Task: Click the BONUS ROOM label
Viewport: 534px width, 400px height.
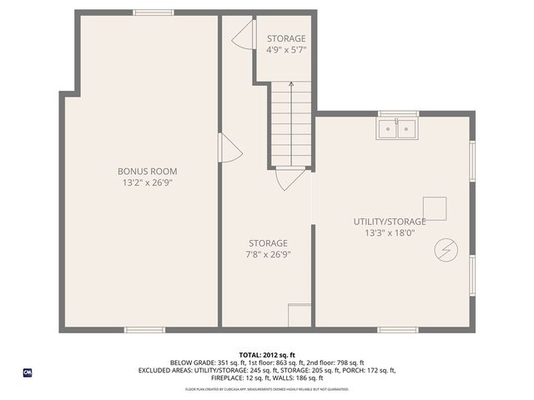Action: click(x=147, y=171)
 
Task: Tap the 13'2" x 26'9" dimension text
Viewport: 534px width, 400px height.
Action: click(x=147, y=182)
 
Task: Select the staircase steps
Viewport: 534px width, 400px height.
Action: click(x=291, y=125)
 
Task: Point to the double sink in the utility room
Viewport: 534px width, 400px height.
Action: click(x=396, y=129)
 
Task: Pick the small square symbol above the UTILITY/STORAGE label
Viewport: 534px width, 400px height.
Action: click(x=434, y=207)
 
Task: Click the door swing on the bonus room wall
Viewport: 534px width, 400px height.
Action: click(x=229, y=149)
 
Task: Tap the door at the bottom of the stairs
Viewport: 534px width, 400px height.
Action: click(x=290, y=178)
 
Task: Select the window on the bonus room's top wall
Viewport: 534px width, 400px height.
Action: click(x=154, y=12)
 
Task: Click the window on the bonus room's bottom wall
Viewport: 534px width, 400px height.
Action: click(x=144, y=330)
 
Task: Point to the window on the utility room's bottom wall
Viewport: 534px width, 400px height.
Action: click(x=398, y=330)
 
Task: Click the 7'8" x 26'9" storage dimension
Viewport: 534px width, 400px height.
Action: click(x=267, y=254)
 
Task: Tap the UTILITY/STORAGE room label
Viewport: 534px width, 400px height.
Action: click(x=390, y=222)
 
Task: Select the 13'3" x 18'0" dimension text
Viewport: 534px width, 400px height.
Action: click(x=390, y=232)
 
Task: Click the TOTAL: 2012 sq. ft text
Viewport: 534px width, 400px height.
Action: click(x=267, y=354)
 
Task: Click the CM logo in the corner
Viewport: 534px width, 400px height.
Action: click(x=28, y=372)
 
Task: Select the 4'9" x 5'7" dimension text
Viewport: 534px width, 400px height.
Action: click(x=286, y=49)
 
